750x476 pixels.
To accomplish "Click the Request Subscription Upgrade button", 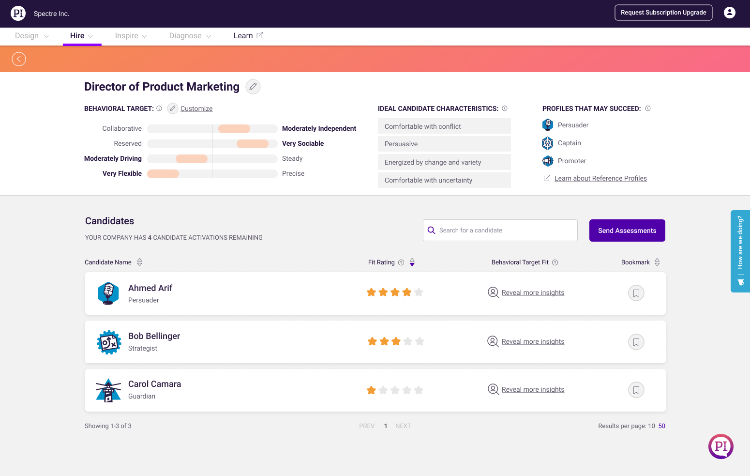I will click(x=663, y=13).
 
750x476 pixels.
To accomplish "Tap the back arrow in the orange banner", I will click(x=19, y=59).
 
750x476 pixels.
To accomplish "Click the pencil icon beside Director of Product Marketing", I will click(x=253, y=87).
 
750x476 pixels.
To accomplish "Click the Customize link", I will click(x=196, y=108).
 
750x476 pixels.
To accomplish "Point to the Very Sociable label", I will click(x=303, y=143).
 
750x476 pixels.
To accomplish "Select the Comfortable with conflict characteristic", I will click(x=444, y=126).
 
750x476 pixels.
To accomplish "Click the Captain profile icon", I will click(x=548, y=143).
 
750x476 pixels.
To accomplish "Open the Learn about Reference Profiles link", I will click(x=600, y=178).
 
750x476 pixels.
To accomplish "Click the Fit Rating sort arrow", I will click(x=412, y=262).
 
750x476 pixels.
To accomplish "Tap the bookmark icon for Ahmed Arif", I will click(x=636, y=293).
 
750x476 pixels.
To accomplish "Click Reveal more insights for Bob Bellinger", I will click(x=533, y=341).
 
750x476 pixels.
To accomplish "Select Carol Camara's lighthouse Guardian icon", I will click(x=108, y=390).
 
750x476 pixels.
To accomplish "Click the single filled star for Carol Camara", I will click(x=371, y=390).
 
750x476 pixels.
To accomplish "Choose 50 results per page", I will click(x=661, y=426).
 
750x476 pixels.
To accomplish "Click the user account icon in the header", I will click(x=729, y=13).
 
